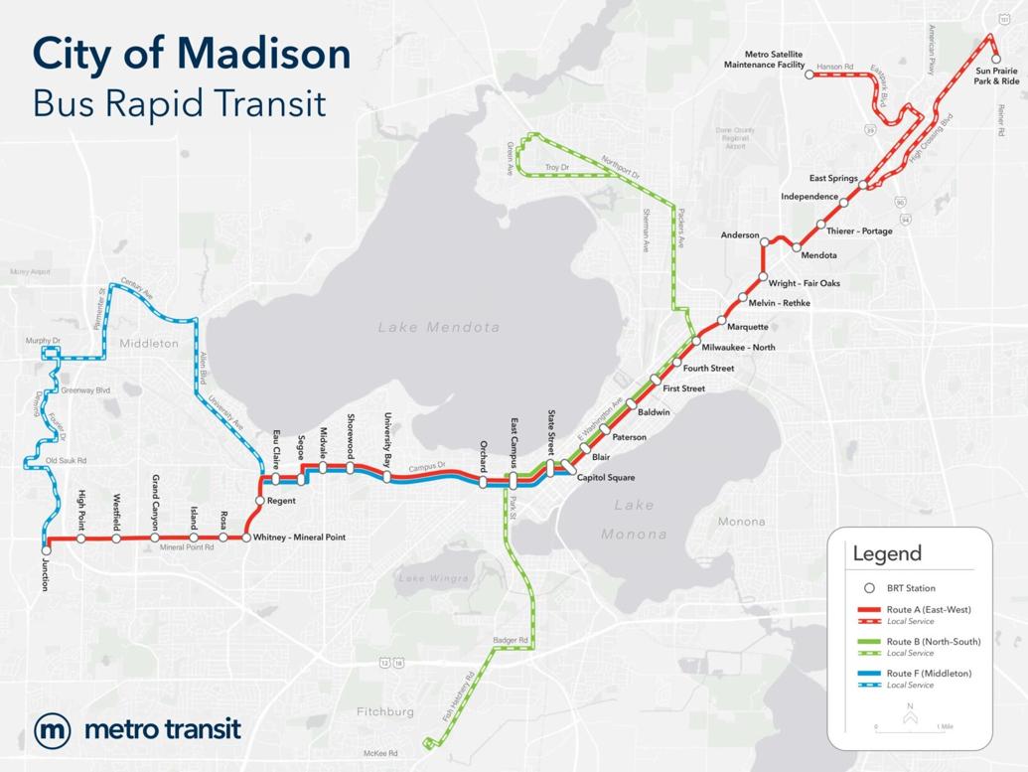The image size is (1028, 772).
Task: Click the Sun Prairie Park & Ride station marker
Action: (996, 59)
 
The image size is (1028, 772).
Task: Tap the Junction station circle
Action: (46, 547)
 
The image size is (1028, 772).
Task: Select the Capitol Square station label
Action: (606, 478)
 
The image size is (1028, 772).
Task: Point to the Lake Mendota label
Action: (439, 327)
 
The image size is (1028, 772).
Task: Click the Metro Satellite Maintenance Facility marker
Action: (809, 74)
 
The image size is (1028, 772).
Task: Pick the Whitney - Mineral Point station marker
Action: (246, 539)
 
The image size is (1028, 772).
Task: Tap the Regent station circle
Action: (259, 501)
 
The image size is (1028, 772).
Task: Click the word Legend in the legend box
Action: (887, 553)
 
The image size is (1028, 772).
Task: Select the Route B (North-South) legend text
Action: (934, 642)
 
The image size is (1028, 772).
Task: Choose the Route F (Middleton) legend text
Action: (930, 674)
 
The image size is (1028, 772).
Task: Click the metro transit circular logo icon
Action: (52, 730)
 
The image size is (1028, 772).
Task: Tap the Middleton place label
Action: (148, 344)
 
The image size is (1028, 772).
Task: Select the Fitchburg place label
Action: (384, 711)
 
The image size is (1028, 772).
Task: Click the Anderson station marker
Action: (765, 240)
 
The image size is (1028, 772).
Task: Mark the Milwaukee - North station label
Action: (738, 348)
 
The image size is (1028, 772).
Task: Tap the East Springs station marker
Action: (864, 185)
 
